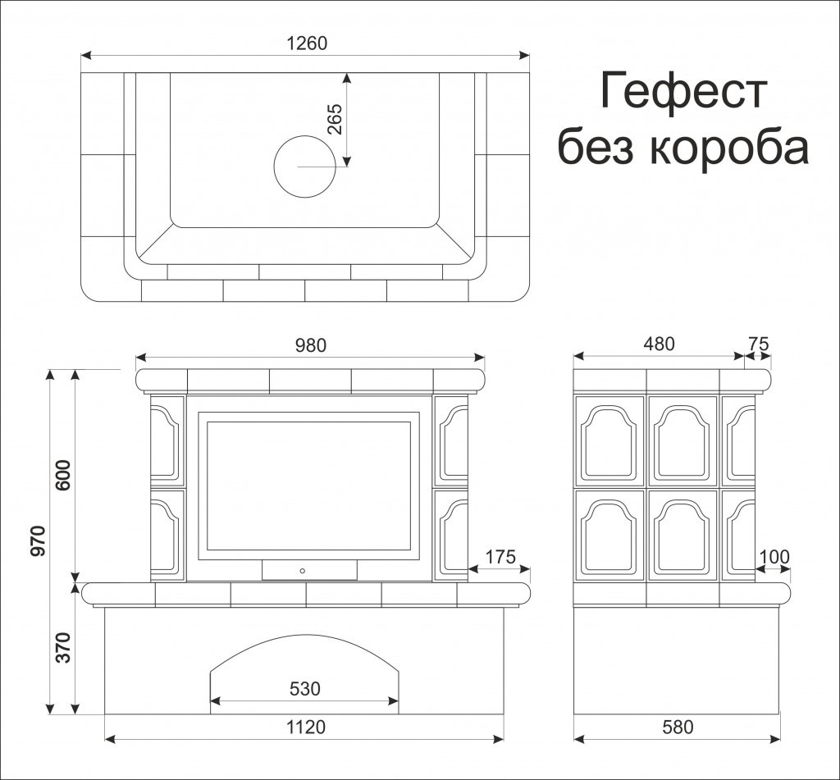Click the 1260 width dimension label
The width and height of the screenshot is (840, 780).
[x=307, y=43]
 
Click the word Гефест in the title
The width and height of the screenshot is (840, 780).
[x=683, y=91]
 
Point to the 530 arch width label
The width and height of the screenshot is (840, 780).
[x=304, y=688]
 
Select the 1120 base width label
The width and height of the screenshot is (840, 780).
[x=306, y=727]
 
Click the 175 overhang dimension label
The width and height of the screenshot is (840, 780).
[x=500, y=558]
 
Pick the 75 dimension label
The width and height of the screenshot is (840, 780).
[x=759, y=344]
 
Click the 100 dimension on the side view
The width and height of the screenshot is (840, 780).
[x=774, y=558]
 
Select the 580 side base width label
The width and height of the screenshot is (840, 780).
[x=677, y=727]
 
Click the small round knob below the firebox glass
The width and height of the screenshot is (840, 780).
[x=304, y=569]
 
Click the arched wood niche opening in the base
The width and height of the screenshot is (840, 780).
[x=304, y=668]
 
